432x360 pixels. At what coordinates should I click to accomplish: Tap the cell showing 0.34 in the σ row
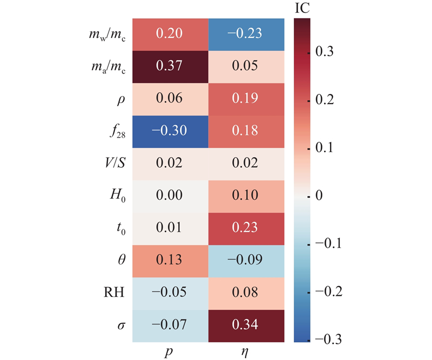click(x=246, y=325)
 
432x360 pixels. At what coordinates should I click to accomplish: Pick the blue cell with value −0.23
click(x=246, y=35)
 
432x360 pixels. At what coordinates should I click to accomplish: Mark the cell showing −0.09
click(x=246, y=261)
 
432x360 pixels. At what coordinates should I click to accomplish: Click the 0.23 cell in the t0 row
click(x=246, y=229)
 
